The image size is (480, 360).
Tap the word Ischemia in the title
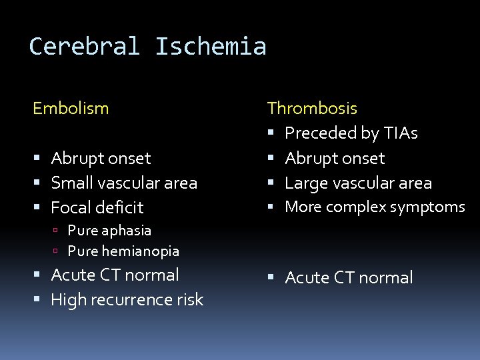click(x=211, y=47)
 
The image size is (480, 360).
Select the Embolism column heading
click(x=71, y=108)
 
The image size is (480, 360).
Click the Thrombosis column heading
click(x=312, y=108)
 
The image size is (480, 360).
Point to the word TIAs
click(x=398, y=133)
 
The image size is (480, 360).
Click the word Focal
click(x=71, y=207)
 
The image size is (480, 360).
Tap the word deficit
click(x=120, y=207)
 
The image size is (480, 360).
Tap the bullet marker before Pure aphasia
click(x=57, y=231)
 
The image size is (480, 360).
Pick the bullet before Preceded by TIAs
click(x=272, y=133)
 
